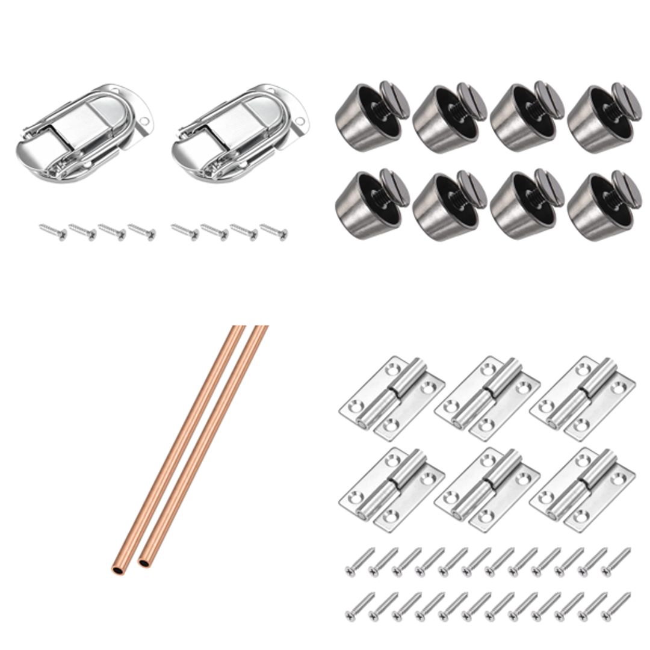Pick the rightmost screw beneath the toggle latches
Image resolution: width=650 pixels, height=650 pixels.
point(274,231)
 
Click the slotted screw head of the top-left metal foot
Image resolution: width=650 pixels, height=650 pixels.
point(394,97)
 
